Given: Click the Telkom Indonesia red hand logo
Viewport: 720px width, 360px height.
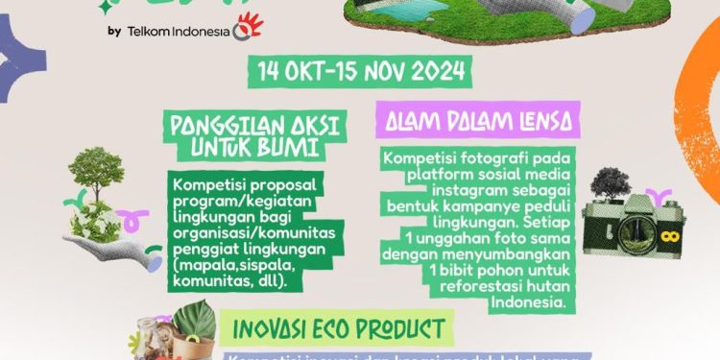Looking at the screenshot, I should pyautogui.click(x=248, y=27).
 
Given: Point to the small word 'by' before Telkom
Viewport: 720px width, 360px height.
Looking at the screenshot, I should pyautogui.click(x=114, y=31).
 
